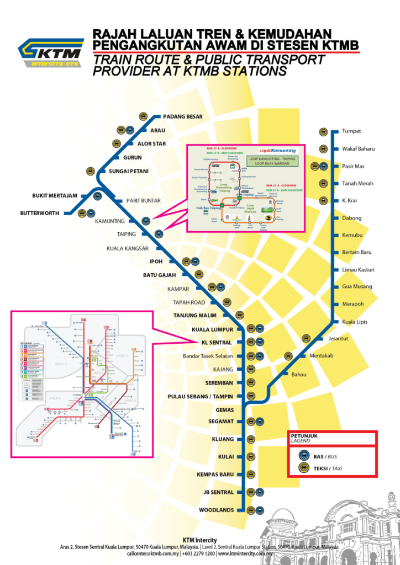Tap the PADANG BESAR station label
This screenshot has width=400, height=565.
[x=183, y=116]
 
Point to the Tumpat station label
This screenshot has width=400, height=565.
[x=351, y=131]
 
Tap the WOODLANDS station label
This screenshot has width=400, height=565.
[x=217, y=510]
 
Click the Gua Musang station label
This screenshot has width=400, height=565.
[x=357, y=286]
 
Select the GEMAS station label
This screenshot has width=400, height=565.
[x=224, y=410]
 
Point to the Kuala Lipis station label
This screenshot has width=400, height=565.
[x=355, y=321]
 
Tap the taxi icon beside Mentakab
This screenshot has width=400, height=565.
[x=287, y=356]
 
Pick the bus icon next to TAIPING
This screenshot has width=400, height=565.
[x=159, y=234]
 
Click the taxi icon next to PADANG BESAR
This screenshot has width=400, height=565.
[x=143, y=116]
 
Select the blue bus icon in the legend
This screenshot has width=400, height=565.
[x=303, y=456]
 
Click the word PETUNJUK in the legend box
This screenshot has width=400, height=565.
[x=303, y=435]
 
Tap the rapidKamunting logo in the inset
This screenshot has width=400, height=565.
[x=278, y=150]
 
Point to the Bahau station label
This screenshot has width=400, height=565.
[x=298, y=374]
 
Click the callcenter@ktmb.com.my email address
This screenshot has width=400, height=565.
[x=152, y=552]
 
